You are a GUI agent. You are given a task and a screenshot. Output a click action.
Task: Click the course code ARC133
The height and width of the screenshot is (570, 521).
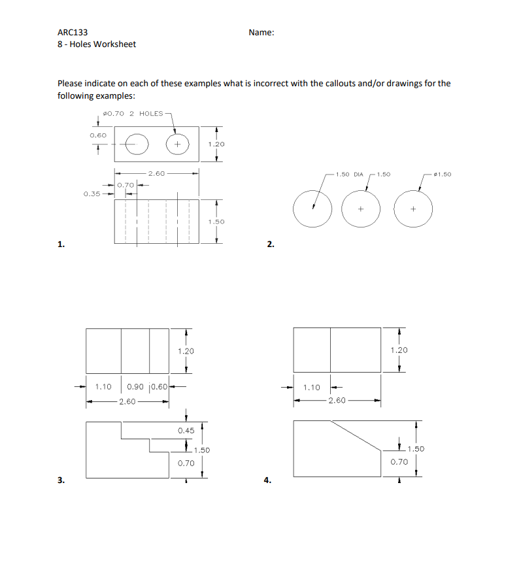73,32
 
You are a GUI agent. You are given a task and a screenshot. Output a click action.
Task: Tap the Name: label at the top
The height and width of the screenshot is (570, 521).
261,32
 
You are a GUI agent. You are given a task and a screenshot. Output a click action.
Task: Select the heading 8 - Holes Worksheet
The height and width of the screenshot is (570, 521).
97,44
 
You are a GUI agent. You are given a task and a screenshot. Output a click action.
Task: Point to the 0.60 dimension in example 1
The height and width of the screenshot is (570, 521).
98,135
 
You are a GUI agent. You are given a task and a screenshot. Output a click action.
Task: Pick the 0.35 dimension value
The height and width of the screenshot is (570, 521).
92,194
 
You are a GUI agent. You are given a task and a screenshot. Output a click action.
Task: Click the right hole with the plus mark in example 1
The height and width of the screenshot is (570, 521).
177,144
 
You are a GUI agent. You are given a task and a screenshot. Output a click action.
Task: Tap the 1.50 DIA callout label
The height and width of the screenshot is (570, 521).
349,175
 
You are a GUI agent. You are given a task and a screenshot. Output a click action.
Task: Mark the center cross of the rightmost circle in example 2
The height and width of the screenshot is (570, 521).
413,209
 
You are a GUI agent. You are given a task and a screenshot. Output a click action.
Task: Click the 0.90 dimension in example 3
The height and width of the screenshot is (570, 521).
136,386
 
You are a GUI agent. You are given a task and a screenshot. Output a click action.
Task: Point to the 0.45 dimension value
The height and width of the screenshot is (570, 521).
186,431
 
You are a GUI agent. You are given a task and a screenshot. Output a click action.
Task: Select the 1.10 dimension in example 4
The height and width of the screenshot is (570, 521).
312,388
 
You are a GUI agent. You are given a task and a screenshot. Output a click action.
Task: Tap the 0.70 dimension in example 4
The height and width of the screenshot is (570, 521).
399,462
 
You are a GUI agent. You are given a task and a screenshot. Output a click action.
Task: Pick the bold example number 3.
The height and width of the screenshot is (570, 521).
60,480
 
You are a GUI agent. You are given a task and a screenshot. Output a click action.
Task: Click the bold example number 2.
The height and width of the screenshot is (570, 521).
270,244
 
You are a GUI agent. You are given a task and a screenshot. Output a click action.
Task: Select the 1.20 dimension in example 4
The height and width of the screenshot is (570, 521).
399,350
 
